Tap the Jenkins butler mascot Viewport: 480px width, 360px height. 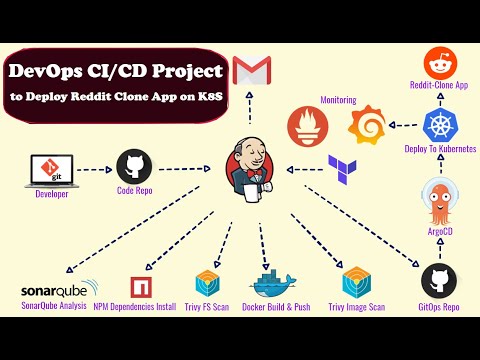(x=247, y=161)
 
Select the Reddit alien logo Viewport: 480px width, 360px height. (x=439, y=65)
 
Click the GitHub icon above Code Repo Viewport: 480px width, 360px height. (x=134, y=166)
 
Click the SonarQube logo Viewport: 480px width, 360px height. (x=55, y=290)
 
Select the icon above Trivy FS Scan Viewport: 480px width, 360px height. (x=209, y=282)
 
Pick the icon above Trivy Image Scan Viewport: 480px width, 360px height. (x=357, y=282)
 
